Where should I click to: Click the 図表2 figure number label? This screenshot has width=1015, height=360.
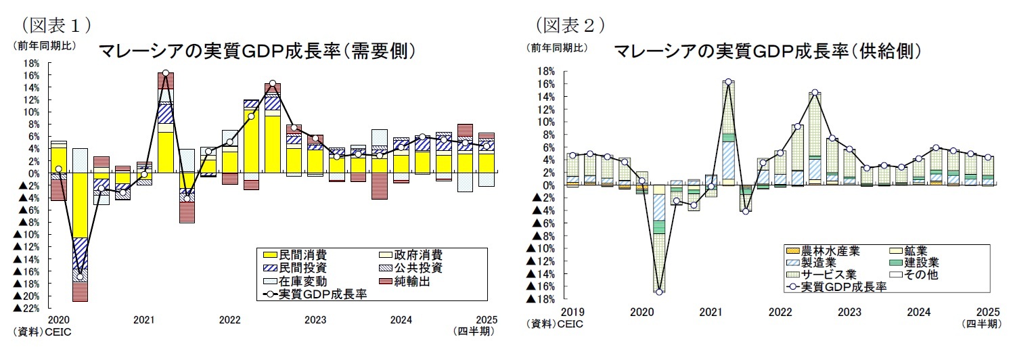[570, 25]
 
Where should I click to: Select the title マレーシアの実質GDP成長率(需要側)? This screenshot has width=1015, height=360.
[256, 51]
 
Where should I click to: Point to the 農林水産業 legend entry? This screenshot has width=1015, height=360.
[821, 251]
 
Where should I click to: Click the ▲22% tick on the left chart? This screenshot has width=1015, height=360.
[27, 309]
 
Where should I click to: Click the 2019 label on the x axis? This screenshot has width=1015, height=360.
[572, 312]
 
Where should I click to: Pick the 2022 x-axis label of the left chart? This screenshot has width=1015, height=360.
[230, 319]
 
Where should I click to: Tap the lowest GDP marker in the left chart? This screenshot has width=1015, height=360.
[80, 277]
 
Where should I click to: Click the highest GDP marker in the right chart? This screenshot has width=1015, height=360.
[728, 82]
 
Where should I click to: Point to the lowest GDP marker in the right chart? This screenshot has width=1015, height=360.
[659, 292]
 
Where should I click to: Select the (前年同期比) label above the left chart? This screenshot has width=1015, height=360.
[45, 47]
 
